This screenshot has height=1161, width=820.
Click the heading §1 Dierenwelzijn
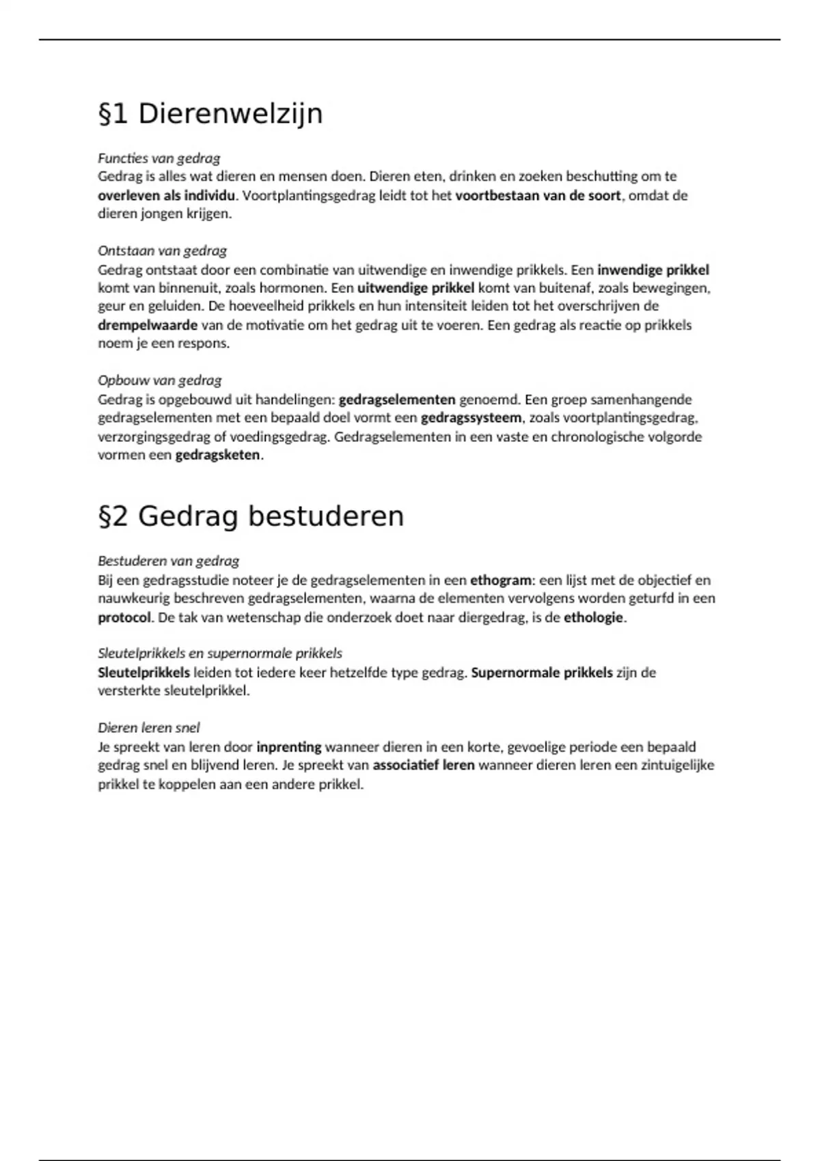click(x=210, y=114)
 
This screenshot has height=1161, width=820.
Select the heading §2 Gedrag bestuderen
click(x=251, y=516)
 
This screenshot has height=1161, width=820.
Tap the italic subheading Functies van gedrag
click(x=159, y=158)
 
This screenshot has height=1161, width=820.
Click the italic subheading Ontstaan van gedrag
click(x=162, y=251)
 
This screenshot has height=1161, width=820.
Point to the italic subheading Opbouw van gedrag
click(x=159, y=380)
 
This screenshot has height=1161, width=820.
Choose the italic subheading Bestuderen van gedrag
click(x=168, y=561)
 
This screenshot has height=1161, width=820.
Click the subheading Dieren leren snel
click(x=148, y=728)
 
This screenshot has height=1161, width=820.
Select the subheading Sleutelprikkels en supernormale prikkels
click(x=219, y=654)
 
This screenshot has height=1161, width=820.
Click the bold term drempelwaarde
click(x=148, y=325)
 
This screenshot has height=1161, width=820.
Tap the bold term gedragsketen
click(x=217, y=455)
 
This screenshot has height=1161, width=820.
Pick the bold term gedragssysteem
click(x=471, y=417)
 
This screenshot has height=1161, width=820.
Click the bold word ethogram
click(x=500, y=580)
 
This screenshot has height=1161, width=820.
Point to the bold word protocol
click(x=124, y=617)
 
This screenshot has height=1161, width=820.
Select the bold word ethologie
click(x=593, y=617)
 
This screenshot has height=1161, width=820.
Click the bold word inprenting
click(x=288, y=747)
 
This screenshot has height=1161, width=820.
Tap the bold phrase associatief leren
click(x=423, y=766)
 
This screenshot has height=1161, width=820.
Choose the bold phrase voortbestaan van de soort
click(x=538, y=195)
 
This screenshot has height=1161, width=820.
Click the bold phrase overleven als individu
click(x=166, y=195)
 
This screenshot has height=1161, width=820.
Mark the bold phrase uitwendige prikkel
click(x=415, y=288)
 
